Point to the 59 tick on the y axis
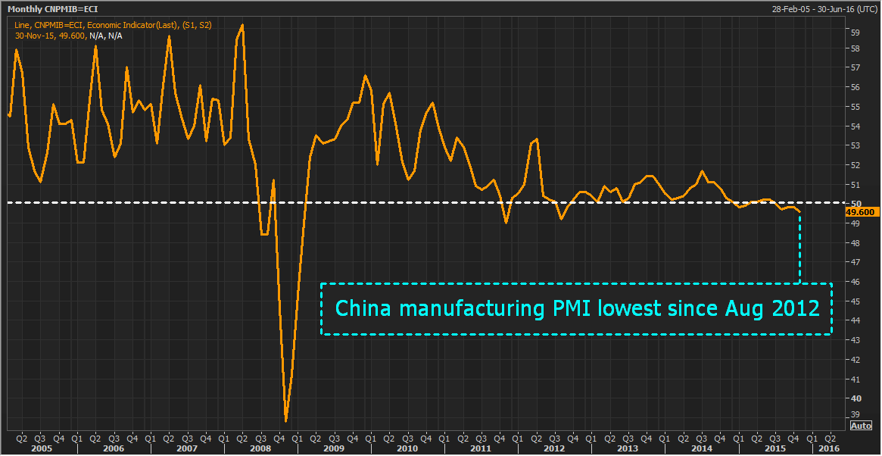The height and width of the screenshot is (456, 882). [855, 33]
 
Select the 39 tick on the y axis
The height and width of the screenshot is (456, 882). [855, 414]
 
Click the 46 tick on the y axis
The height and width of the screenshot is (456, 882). [855, 282]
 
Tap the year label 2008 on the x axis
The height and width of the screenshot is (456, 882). [260, 448]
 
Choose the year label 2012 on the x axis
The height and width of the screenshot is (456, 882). [553, 448]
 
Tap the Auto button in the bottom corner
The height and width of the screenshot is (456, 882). [862, 426]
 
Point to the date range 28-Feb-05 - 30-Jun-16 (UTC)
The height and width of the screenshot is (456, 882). [824, 8]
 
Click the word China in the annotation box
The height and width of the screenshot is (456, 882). [362, 309]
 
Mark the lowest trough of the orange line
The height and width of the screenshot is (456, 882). [286, 421]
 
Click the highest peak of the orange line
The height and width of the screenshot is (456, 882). [242, 25]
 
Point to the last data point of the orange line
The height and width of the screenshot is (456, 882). [800, 211]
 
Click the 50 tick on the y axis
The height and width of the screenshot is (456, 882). [855, 204]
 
